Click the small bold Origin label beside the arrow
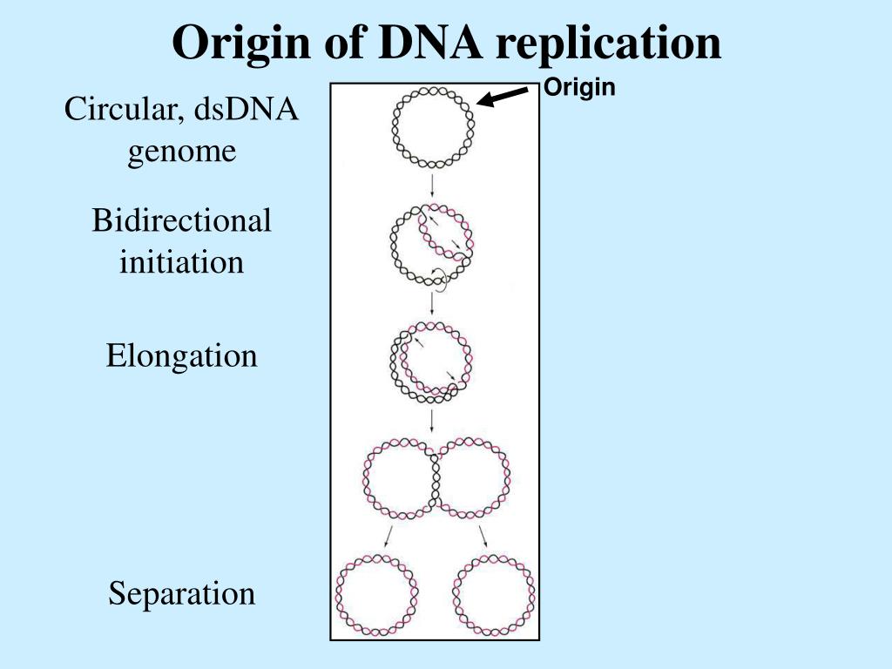point(579,88)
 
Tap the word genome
point(182,151)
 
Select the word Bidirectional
point(182,220)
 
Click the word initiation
point(182,261)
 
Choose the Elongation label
point(182,355)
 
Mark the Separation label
point(182,594)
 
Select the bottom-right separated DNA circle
point(494,595)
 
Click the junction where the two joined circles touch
point(434,480)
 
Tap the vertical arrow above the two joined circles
point(433,422)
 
